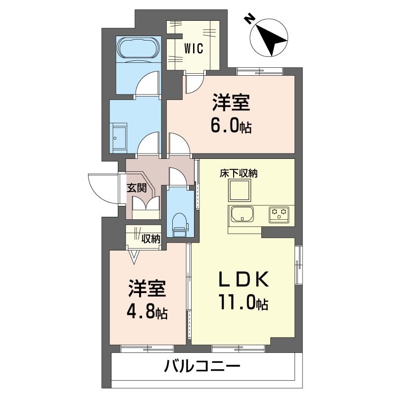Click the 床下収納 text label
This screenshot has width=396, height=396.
239,173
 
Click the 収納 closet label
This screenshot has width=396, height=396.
151,239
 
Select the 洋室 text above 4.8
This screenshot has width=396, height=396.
147,290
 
